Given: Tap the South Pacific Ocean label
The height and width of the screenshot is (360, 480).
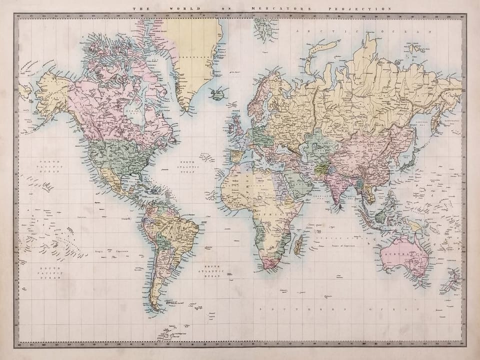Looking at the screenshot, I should [x=50, y=272].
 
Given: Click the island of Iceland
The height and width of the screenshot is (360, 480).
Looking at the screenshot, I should [x=218, y=93].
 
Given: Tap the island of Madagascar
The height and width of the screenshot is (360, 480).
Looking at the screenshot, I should [x=298, y=244].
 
